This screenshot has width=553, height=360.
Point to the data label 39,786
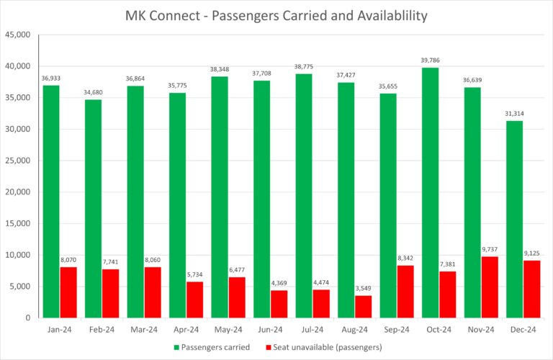[x=431, y=61]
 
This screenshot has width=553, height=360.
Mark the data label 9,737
[x=490, y=250]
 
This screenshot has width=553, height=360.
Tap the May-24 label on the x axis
[x=228, y=330]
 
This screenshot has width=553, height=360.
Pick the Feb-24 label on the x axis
[x=102, y=330]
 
